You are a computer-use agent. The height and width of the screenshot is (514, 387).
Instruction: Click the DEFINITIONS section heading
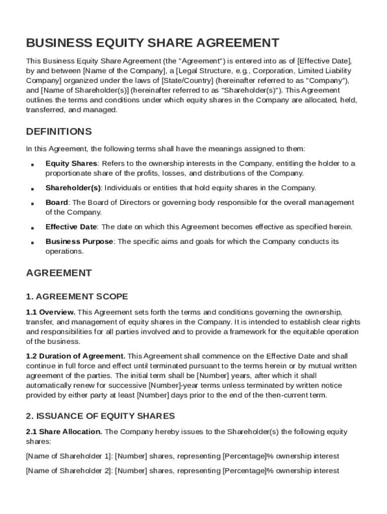click(59, 132)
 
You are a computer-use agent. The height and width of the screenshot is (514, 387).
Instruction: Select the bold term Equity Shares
click(71, 164)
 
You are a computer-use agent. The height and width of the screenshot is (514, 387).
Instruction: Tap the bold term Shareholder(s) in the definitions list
click(73, 188)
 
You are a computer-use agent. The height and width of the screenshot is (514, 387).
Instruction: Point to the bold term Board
click(57, 202)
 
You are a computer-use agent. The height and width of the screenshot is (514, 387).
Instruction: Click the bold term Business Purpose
click(79, 241)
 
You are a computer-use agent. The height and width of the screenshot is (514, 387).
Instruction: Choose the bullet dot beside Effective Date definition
click(32, 228)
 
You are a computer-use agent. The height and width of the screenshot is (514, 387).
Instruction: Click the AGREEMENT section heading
click(59, 273)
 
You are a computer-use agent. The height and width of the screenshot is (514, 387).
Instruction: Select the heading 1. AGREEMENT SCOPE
click(77, 296)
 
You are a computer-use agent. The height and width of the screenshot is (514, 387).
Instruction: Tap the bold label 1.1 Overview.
click(51, 312)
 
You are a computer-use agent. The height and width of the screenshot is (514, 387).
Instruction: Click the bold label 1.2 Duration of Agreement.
click(76, 356)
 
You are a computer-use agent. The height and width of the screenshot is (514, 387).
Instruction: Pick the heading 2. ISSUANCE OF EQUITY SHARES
click(101, 416)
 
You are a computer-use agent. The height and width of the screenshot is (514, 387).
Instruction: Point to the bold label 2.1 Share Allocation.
click(64, 432)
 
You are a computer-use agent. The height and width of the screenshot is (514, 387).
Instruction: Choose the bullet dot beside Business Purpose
click(32, 242)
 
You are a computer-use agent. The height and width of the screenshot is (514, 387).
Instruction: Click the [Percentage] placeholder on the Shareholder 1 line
click(244, 456)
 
